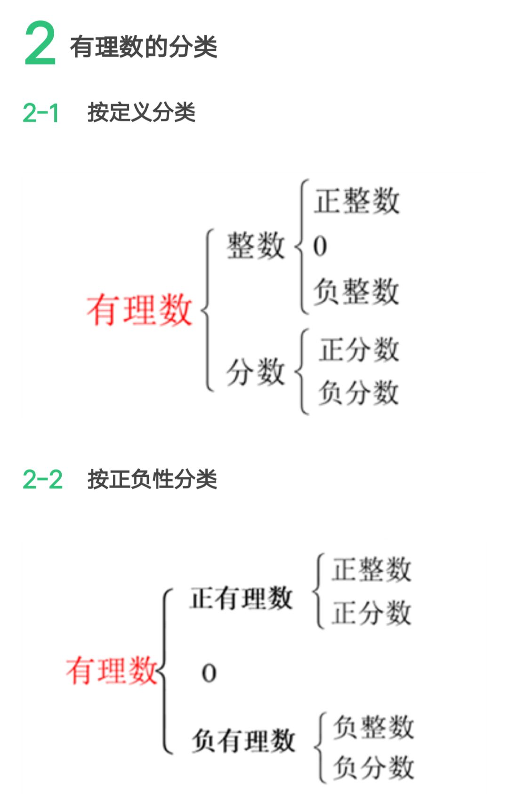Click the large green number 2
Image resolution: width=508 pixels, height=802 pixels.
[x=40, y=43]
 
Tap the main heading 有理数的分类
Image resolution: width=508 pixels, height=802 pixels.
[x=144, y=47]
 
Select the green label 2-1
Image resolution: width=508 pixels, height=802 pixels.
[x=40, y=113]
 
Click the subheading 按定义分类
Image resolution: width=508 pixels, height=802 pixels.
[x=141, y=112]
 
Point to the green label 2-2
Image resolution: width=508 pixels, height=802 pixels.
[x=42, y=480]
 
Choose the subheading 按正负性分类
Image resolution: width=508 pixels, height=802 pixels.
[x=152, y=480]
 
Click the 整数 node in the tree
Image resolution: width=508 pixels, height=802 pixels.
[x=256, y=246]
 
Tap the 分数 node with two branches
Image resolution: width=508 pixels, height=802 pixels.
[x=256, y=372]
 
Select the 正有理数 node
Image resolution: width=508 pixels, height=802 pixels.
[x=241, y=598]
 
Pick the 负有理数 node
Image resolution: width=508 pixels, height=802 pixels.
[x=243, y=740]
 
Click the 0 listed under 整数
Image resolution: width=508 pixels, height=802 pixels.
[x=320, y=246]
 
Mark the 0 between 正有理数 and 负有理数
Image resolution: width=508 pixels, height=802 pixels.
[x=209, y=673]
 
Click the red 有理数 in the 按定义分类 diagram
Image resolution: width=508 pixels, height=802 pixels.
[x=139, y=310]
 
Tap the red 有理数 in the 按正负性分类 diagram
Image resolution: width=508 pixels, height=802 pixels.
[x=112, y=670]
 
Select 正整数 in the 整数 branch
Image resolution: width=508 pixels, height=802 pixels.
[x=357, y=201]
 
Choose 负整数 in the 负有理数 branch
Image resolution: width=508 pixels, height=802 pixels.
[x=373, y=727]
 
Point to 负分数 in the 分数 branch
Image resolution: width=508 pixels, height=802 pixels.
[x=359, y=393]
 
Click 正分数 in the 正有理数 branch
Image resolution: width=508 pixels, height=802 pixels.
[x=371, y=613]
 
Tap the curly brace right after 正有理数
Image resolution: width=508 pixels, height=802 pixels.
[x=318, y=591]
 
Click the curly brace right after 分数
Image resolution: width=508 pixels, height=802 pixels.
[x=301, y=372]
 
